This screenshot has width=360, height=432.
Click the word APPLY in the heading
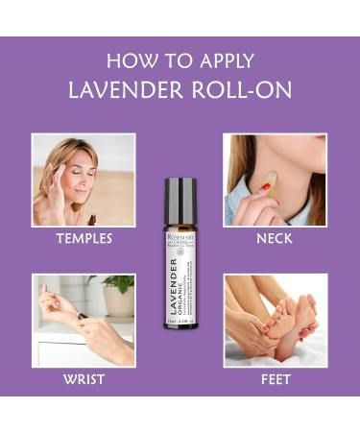click(223, 62)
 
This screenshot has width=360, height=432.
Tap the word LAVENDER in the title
click(124, 90)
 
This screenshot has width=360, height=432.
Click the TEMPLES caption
click(84, 239)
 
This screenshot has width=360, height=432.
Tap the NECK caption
click(275, 239)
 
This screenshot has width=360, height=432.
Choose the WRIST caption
click(84, 378)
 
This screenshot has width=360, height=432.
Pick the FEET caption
click(275, 378)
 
